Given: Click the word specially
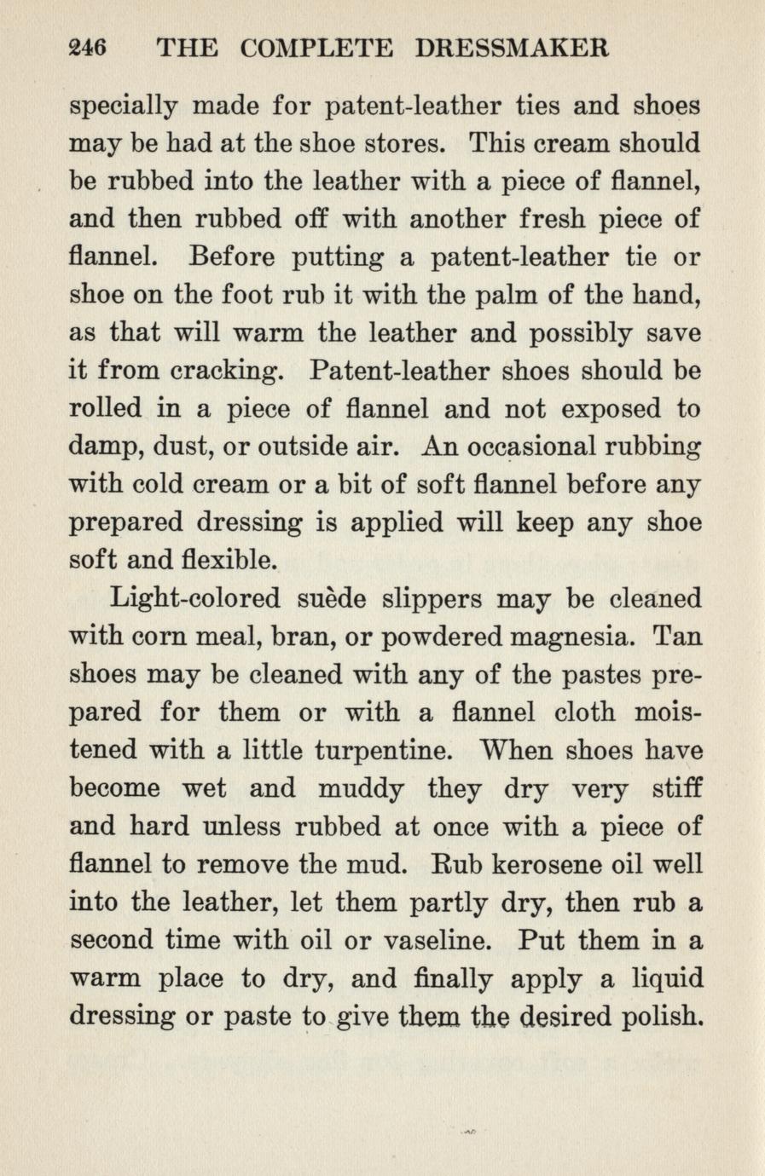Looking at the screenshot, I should coord(123,108).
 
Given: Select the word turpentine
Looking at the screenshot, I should coord(380,752).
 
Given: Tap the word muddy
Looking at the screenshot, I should coord(362,789).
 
